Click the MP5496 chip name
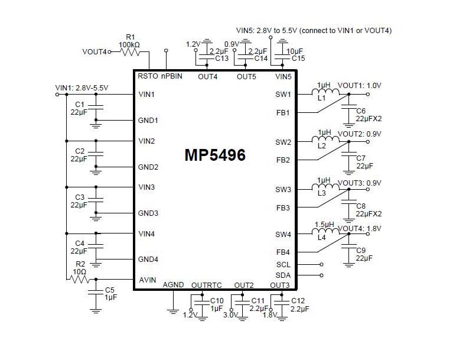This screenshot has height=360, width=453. pyautogui.click(x=215, y=155)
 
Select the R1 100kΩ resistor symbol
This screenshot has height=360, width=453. pyautogui.click(x=130, y=52)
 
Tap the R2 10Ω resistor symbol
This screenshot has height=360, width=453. pyautogui.click(x=78, y=280)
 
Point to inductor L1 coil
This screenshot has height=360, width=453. pyautogui.click(x=325, y=92)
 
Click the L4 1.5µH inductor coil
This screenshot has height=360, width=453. pyautogui.click(x=325, y=231)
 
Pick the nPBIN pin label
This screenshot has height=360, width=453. pyautogui.click(x=172, y=76)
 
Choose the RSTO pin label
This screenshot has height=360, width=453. pyautogui.click(x=148, y=76)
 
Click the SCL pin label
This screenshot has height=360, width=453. pyautogui.click(x=283, y=265)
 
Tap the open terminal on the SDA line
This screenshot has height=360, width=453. pyautogui.click(x=321, y=275)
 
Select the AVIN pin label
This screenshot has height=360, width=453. pyautogui.click(x=147, y=280)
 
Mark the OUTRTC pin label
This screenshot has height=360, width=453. pyautogui.click(x=206, y=286)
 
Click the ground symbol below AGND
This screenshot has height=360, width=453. pyautogui.click(x=173, y=312)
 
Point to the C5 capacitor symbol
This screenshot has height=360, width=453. pyautogui.click(x=96, y=292)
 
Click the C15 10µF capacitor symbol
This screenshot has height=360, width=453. pyautogui.click(x=282, y=57)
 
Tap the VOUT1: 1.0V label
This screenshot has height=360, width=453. pyautogui.click(x=360, y=86)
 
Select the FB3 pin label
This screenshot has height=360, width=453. pyautogui.click(x=283, y=208)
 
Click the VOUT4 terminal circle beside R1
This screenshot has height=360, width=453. pyautogui.click(x=109, y=52)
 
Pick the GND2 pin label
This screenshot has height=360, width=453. pyautogui.click(x=148, y=167)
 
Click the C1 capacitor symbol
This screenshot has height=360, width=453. pyautogui.click(x=96, y=107)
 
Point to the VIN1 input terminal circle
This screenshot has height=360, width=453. pyautogui.click(x=57, y=95)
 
